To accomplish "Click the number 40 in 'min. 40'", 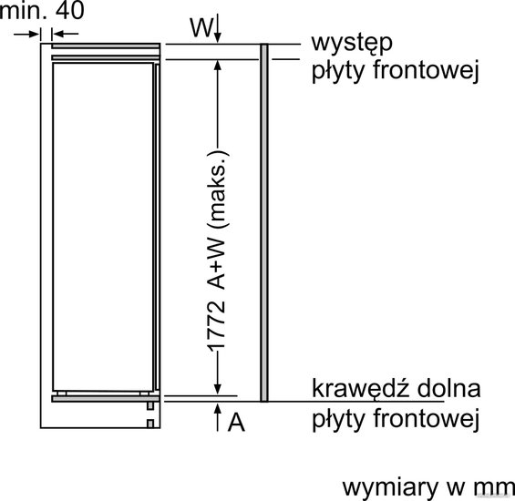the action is [x=69, y=10].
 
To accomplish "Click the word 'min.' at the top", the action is [x=23, y=10].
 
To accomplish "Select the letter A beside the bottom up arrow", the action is [x=236, y=422].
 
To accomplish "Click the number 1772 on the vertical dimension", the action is [x=217, y=326].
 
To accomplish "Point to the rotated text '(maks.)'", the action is [x=218, y=189].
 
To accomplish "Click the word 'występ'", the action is [x=352, y=44].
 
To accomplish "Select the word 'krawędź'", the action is [x=361, y=388].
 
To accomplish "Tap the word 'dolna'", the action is [x=448, y=388].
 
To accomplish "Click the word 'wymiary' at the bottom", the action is [x=390, y=488].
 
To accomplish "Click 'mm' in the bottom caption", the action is [x=494, y=488].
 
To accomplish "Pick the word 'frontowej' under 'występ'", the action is [x=426, y=70].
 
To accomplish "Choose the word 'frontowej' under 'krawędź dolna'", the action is [x=426, y=418].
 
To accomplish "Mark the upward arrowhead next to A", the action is [x=217, y=410].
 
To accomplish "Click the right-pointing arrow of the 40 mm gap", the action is [x=26, y=34].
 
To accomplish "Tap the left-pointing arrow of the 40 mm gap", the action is [x=66, y=34].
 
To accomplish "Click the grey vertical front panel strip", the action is [x=264, y=222].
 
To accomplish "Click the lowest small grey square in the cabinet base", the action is [x=150, y=424].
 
